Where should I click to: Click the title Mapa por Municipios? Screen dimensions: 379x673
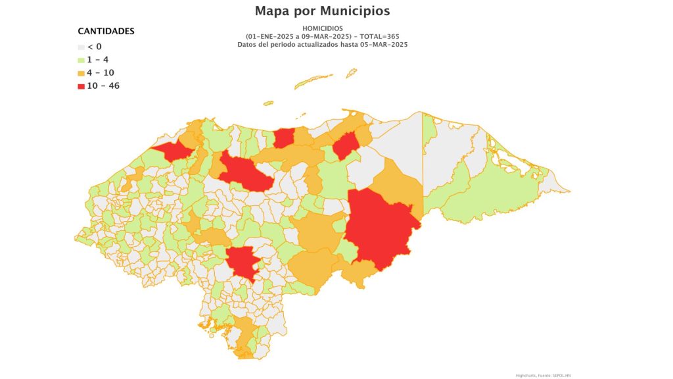coord(322,11)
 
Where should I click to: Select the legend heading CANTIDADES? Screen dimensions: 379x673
coord(106,32)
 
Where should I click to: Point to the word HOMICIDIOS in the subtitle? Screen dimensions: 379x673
coord(322,28)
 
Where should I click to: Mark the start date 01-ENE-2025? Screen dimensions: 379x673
coord(271,36)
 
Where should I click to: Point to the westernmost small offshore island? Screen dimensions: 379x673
coord(268,103)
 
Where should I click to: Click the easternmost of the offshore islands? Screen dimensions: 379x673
coord(352,72)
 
